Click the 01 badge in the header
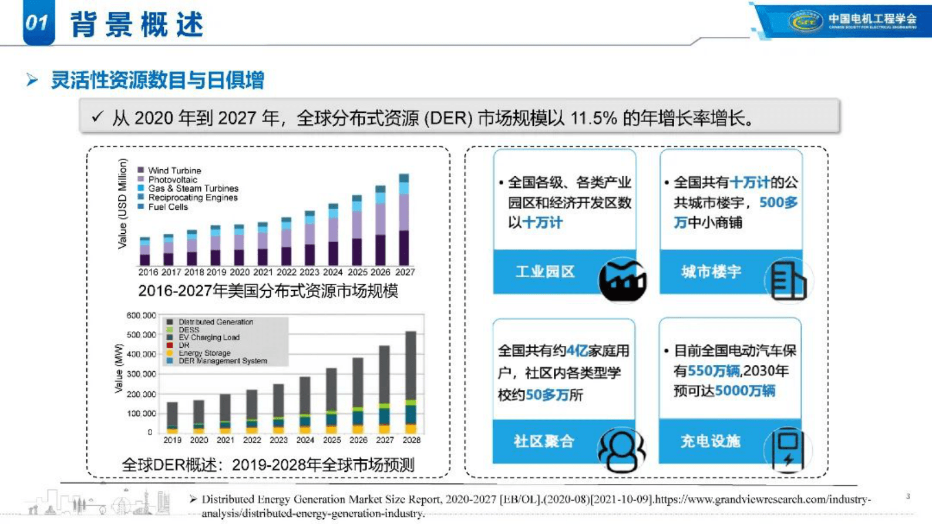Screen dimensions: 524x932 tap(38, 22)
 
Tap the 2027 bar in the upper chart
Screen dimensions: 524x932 tap(404, 220)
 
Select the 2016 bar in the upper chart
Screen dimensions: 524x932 tap(145, 251)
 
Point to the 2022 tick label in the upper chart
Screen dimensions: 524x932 tap(287, 272)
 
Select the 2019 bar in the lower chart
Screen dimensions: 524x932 tap(172, 418)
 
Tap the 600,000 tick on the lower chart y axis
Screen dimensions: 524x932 tap(141, 315)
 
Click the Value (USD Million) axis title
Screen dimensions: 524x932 tap(122, 203)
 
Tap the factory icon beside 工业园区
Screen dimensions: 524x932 tap(623, 280)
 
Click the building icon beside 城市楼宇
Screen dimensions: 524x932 tap(788, 280)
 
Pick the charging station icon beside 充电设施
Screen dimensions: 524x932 tap(788, 449)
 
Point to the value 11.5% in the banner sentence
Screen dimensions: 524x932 tap(594, 119)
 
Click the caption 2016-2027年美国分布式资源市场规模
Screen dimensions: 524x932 tap(268, 291)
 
